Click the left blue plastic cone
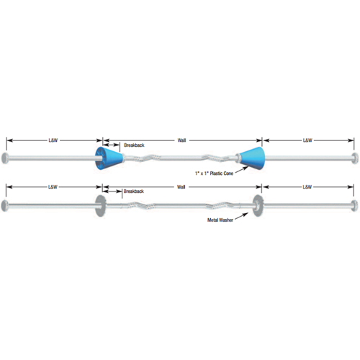[109, 158]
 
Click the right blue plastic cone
[251, 158]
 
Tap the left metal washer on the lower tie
[100, 206]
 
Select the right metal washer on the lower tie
[258, 206]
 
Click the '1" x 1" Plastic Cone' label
[214, 174]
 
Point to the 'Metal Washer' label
[220, 220]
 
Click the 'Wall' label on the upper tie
[181, 140]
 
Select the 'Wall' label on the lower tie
[181, 186]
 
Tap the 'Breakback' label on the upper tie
[134, 145]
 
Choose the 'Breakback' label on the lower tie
[134, 192]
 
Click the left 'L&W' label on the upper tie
[53, 140]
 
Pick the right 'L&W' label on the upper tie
[307, 140]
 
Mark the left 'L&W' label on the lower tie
[53, 186]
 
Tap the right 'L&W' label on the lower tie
[307, 186]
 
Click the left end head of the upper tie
[4, 158]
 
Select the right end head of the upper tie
[356, 158]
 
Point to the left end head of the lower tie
[4, 206]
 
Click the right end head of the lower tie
[355, 206]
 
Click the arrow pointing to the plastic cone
[242, 169]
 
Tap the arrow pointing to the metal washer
[241, 216]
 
